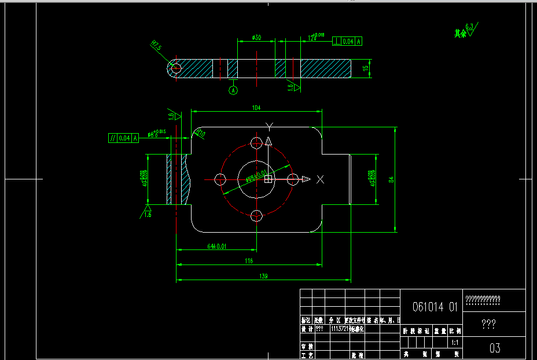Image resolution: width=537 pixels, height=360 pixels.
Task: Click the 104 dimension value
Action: coord(256,108)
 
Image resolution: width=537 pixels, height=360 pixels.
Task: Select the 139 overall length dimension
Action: coord(264,276)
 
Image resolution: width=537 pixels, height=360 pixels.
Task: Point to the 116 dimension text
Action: coord(249,262)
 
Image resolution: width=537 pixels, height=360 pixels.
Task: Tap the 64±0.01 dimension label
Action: coord(216,246)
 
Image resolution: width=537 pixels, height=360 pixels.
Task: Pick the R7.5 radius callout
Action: coord(156,45)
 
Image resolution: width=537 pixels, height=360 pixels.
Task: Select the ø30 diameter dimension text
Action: coord(256,38)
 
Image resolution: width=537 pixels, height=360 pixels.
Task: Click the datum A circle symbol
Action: coord(233,90)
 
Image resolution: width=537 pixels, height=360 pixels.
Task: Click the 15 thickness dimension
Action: coord(365,68)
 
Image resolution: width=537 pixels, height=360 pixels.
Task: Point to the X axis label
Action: coord(321,179)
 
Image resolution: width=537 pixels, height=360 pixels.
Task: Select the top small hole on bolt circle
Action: coord(256,142)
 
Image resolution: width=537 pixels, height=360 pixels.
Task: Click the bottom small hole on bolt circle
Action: coord(256,216)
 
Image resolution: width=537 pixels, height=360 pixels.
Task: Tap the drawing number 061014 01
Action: coord(435,307)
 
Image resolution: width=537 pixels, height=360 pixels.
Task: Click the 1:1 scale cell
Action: coord(455,342)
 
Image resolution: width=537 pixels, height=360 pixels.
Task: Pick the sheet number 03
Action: coord(495,348)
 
